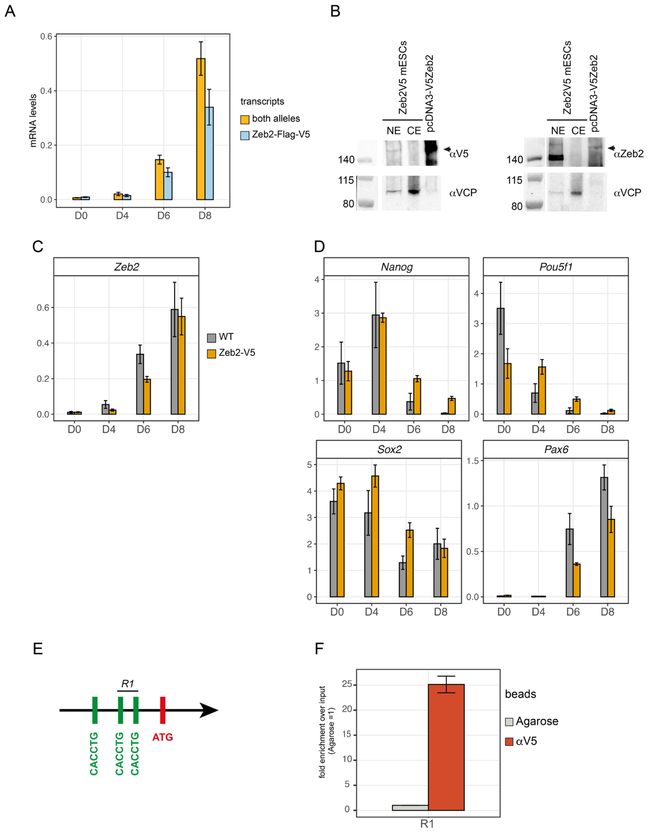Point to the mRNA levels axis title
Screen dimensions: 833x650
click(34, 121)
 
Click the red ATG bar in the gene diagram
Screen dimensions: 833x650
click(162, 710)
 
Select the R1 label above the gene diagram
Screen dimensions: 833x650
click(127, 684)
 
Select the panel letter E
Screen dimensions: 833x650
click(38, 648)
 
